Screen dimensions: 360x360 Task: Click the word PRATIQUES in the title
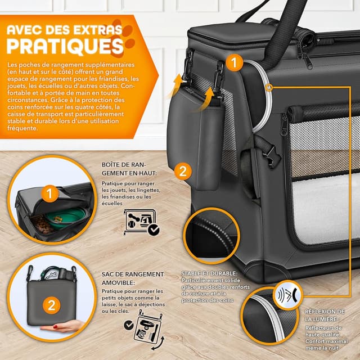point(65,44)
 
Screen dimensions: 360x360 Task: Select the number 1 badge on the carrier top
point(235,61)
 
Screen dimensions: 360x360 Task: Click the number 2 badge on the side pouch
point(182,170)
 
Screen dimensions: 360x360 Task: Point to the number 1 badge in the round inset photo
point(51,194)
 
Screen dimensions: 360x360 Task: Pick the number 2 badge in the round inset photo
point(51,305)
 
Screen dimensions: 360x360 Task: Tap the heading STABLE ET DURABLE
point(209,273)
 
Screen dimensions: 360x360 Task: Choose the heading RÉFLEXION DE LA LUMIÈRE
point(325,316)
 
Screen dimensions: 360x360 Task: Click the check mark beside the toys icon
point(153,229)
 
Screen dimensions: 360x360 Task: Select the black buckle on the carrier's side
point(268,153)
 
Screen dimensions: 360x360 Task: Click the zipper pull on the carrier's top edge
point(307,59)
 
